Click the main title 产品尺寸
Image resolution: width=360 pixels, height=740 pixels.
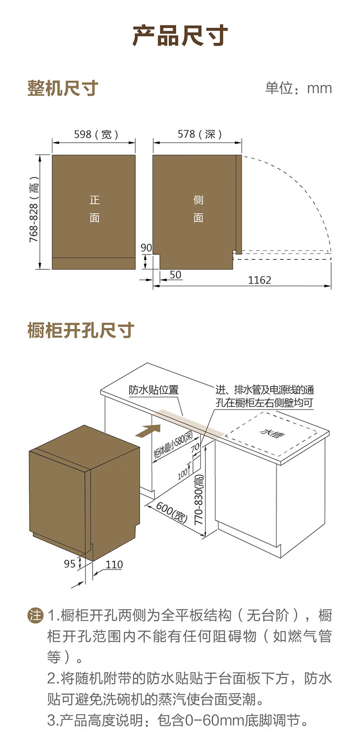click(x=180, y=36)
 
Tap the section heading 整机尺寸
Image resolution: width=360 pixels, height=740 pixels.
click(x=63, y=89)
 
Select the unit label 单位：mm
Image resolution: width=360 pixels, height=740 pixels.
click(x=298, y=88)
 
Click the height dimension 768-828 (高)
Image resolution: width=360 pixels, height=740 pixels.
click(x=34, y=212)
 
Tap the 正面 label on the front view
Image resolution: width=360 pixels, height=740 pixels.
click(x=95, y=209)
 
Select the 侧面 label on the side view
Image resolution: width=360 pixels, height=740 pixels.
click(x=198, y=209)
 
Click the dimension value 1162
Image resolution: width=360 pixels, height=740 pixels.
click(x=260, y=280)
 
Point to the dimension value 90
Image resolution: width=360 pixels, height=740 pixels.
click(x=146, y=248)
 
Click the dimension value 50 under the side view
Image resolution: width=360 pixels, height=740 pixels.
click(x=176, y=275)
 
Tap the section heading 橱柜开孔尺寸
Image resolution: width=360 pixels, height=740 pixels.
click(x=81, y=330)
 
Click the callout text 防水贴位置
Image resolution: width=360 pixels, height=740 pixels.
click(x=154, y=390)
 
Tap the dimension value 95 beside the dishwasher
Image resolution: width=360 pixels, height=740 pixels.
click(x=70, y=564)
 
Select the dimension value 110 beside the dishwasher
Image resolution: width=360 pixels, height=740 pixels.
click(x=114, y=565)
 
